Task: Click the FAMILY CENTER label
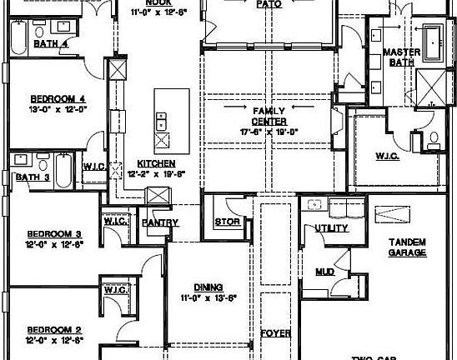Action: click(269, 116)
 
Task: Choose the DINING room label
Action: click(208, 287)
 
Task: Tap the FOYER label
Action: click(276, 333)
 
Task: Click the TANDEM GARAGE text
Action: click(408, 247)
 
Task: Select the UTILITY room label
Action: click(332, 227)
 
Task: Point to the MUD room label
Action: click(324, 272)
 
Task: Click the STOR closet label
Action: click(227, 222)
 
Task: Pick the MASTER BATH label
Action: click(401, 57)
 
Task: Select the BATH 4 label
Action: click(50, 43)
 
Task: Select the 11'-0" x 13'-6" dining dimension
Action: click(208, 297)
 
